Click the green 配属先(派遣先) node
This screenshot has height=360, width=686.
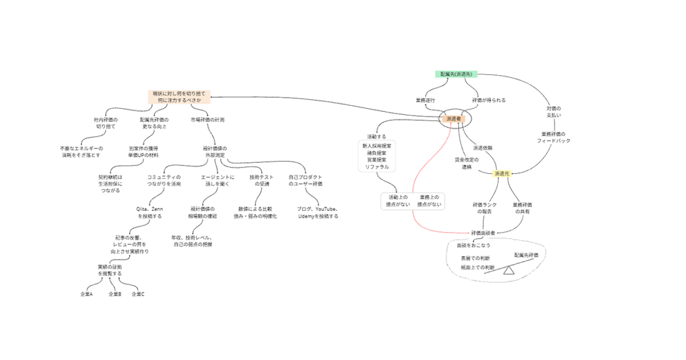(456, 74)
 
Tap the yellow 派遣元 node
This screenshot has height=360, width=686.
(502, 173)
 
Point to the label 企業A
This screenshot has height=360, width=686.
(86, 294)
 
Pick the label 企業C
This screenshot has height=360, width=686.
(138, 294)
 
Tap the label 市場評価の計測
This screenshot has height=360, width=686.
(208, 120)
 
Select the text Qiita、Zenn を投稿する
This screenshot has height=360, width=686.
(149, 213)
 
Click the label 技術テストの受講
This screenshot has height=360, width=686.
(261, 181)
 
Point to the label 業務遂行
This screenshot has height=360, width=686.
(425, 100)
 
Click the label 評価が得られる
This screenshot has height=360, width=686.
(489, 100)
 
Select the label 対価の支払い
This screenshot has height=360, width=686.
(554, 111)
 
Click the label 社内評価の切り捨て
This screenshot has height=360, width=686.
(105, 123)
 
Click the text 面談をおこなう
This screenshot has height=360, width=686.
(473, 245)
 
